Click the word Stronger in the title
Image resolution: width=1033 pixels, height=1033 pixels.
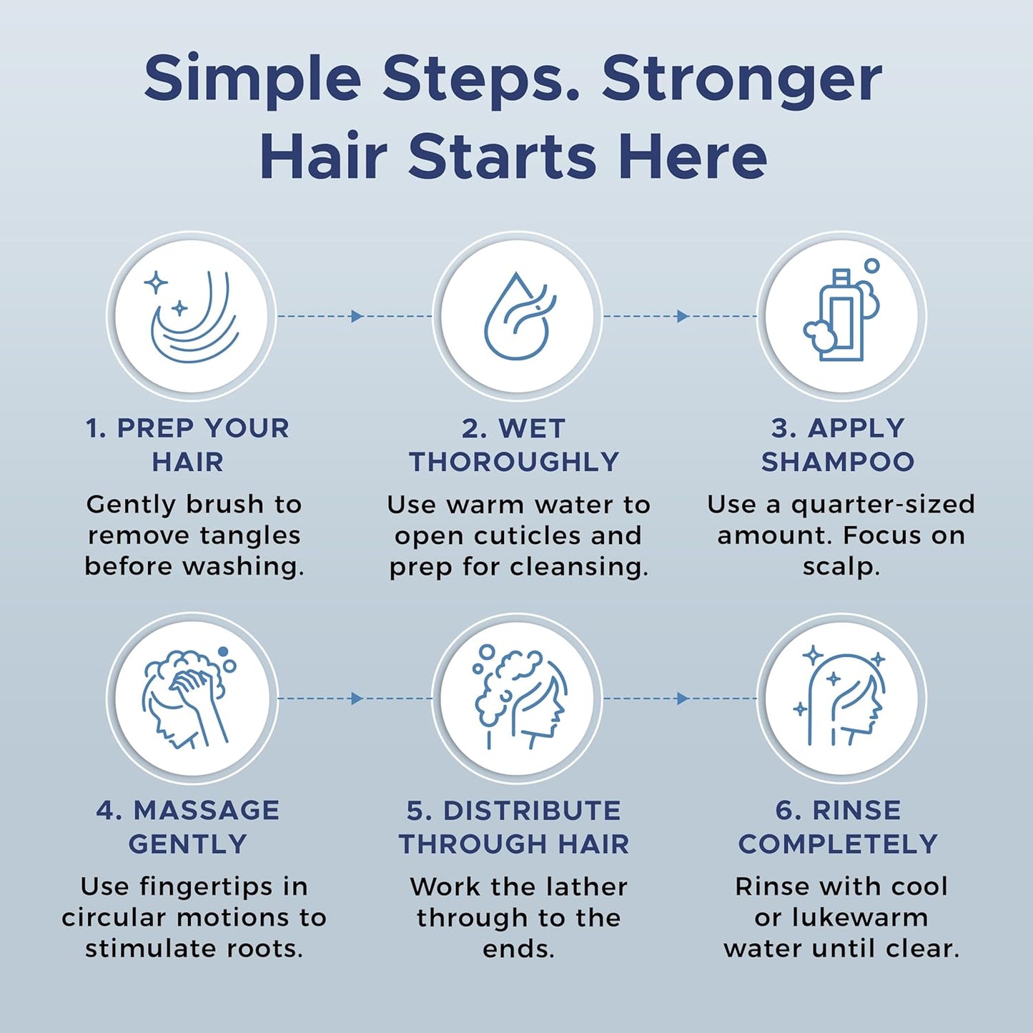click(x=741, y=78)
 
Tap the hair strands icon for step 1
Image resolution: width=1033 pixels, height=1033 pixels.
click(x=192, y=315)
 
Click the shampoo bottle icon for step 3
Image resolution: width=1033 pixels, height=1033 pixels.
click(x=841, y=315)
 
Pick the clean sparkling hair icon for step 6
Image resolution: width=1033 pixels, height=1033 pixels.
click(x=841, y=698)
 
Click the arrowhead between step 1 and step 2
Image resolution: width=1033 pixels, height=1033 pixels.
click(x=357, y=316)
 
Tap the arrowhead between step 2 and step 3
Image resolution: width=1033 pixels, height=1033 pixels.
click(x=683, y=316)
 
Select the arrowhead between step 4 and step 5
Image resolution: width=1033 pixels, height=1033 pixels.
click(x=357, y=698)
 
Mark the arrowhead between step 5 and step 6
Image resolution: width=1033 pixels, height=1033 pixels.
click(x=683, y=698)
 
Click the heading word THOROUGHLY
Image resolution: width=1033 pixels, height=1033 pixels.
click(x=514, y=462)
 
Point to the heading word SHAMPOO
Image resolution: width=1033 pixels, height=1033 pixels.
click(x=838, y=462)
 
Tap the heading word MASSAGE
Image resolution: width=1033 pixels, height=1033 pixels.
click(x=207, y=810)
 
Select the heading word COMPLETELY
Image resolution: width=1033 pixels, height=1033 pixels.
click(x=838, y=844)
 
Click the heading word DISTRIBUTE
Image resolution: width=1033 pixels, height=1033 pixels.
click(x=532, y=810)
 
